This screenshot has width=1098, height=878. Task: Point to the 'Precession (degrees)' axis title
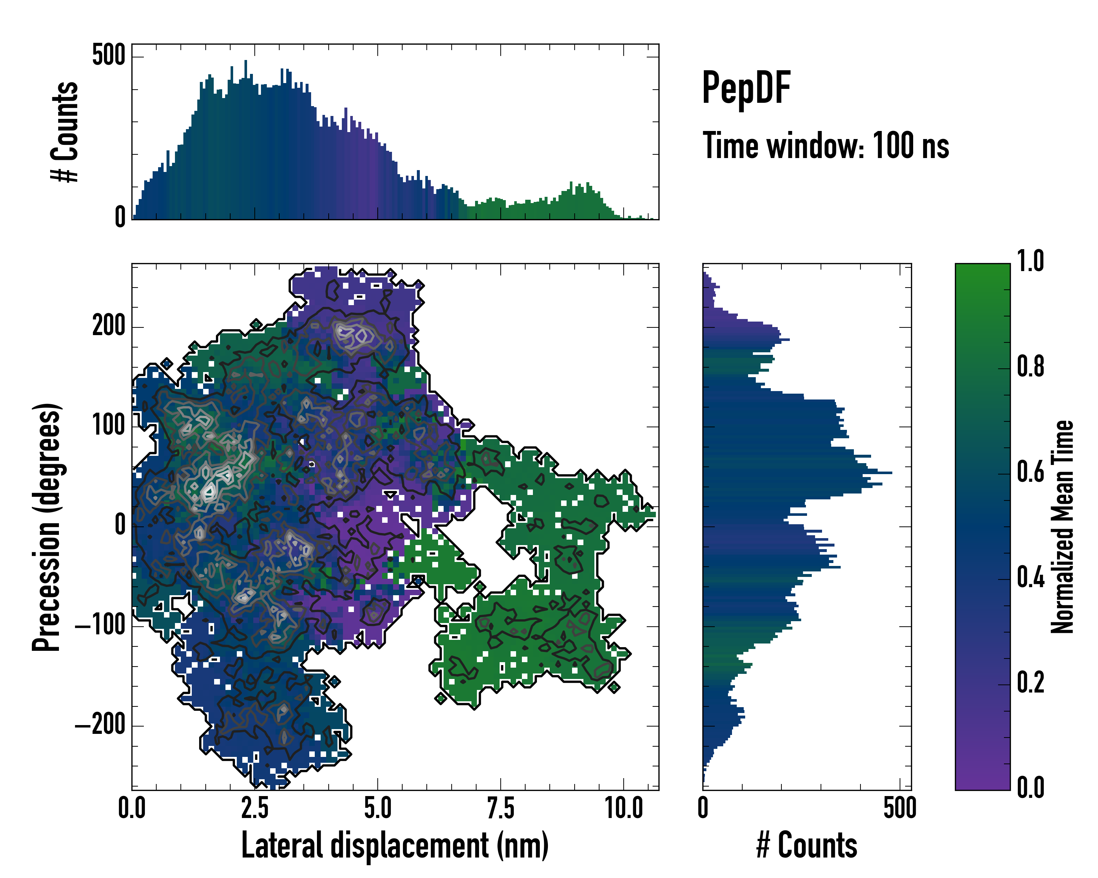coord(47,527)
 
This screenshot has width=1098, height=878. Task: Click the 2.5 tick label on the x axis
coord(255,808)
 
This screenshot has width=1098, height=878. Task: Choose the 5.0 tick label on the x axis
coord(378,808)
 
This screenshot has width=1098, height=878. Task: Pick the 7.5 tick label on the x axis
coord(501,808)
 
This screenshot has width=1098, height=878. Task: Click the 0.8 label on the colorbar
coord(1030,367)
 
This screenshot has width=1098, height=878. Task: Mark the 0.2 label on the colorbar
coord(1030,683)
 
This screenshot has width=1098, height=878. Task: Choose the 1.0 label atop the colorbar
coord(1030,261)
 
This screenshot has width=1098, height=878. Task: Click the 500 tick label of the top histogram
coord(108,55)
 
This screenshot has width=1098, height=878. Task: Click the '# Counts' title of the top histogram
coord(65,132)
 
